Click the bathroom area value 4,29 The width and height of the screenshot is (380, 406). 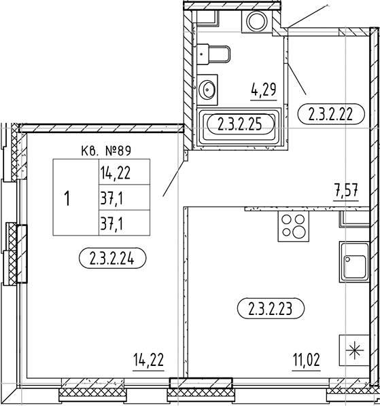(x=263, y=88)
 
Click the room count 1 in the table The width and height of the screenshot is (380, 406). (x=67, y=198)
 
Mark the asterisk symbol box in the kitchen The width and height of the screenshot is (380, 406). (x=354, y=351)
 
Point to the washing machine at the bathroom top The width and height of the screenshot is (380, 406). (x=258, y=20)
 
